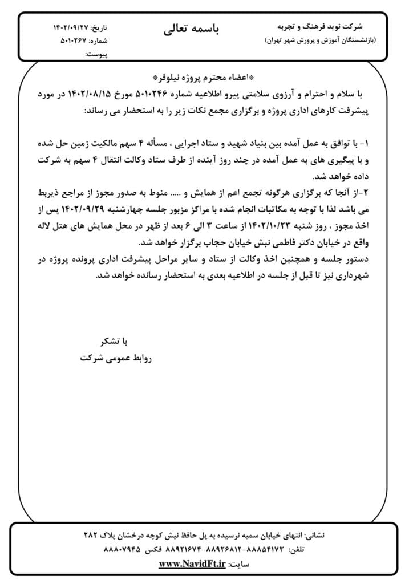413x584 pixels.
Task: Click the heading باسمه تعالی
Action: tap(191, 30)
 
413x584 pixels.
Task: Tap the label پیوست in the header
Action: tap(96, 55)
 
